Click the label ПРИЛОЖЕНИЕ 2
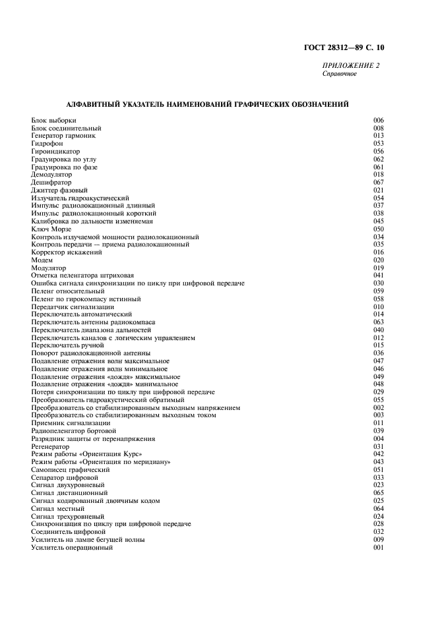(x=350, y=65)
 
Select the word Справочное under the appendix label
(x=340, y=73)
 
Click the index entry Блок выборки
(x=53, y=120)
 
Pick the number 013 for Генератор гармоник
(x=379, y=135)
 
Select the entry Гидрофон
(x=47, y=143)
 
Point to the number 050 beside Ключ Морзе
(x=379, y=229)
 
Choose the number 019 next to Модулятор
(x=379, y=268)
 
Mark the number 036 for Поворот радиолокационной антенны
(x=379, y=353)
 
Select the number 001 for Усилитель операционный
(x=379, y=548)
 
